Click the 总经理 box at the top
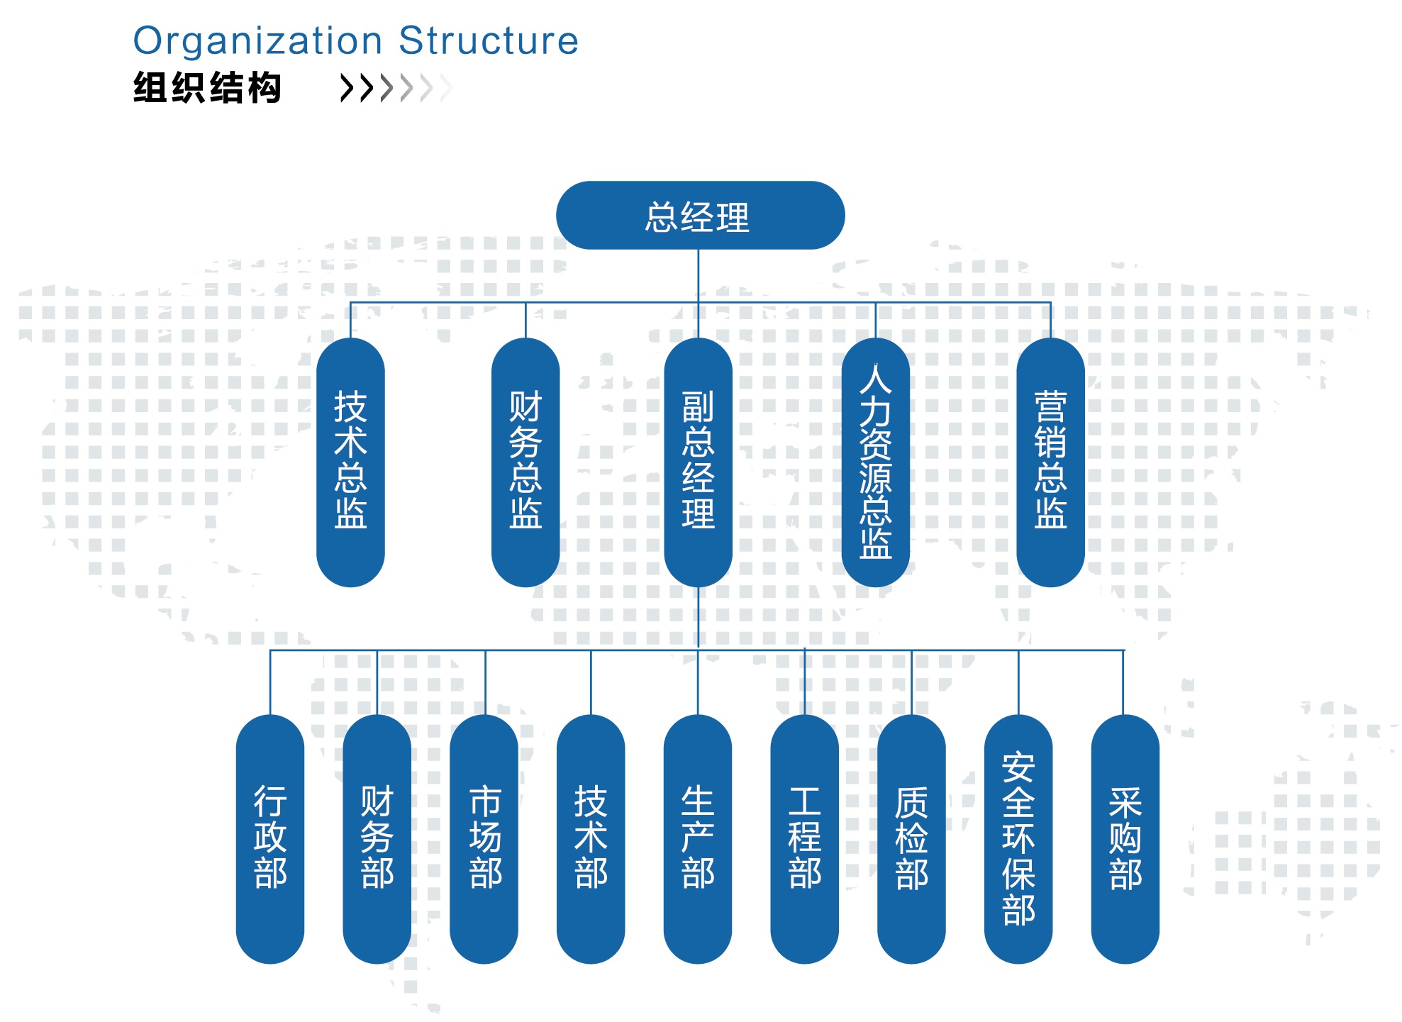pyautogui.click(x=700, y=216)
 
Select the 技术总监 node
pyautogui.click(x=350, y=461)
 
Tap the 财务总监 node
pyautogui.click(x=525, y=461)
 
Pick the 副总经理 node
pyautogui.click(x=698, y=461)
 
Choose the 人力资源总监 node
pyautogui.click(x=875, y=461)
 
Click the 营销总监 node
pyautogui.click(x=1050, y=461)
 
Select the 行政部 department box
pyautogui.click(x=269, y=838)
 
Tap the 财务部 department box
pyautogui.click(x=377, y=838)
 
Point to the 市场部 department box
pyautogui.click(x=484, y=838)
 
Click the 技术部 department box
pyautogui.click(x=591, y=838)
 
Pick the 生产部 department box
pyautogui.click(x=698, y=838)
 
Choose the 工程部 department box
pyautogui.click(x=804, y=838)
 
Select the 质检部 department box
pyautogui.click(x=911, y=838)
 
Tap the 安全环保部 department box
pyautogui.click(x=1018, y=838)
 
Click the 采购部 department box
pyautogui.click(x=1125, y=838)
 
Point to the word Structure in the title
pyautogui.click(x=489, y=41)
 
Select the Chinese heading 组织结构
pyautogui.click(x=207, y=89)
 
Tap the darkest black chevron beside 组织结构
pyautogui.click(x=347, y=89)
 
